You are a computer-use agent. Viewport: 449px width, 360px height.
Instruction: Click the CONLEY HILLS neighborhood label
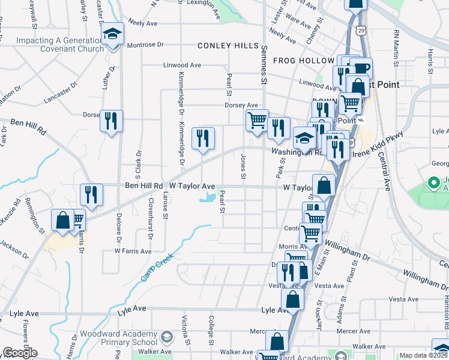[228, 46]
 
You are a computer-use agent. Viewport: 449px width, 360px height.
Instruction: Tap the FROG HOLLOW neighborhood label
[303, 61]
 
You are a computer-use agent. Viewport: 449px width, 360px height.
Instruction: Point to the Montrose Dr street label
[144, 44]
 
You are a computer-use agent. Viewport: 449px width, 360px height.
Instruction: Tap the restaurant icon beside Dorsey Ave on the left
[110, 121]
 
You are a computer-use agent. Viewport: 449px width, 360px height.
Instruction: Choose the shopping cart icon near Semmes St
[257, 119]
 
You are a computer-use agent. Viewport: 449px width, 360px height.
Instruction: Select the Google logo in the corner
[20, 353]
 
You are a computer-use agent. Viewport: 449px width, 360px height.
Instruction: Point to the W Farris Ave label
[133, 251]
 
